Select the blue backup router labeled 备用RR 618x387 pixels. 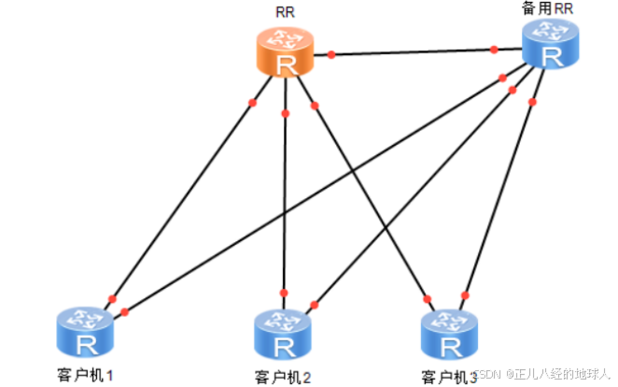pos(551,44)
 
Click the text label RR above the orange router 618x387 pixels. pos(286,13)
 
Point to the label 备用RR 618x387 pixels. pos(550,7)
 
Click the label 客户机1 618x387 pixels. pos(84,376)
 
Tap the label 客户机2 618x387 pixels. pos(284,378)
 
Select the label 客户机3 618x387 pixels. pos(449,378)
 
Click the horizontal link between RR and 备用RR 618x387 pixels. pos(411,52)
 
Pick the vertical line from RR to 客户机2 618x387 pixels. pos(284,196)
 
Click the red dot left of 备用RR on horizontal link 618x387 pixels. pos(493,50)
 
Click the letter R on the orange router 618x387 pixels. pos(285,65)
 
